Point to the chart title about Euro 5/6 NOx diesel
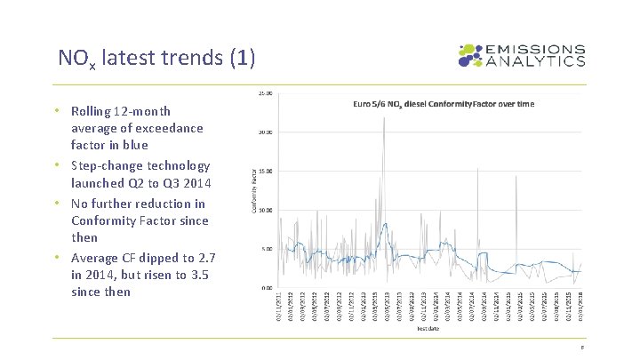click(x=444, y=104)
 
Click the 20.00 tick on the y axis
click(x=266, y=132)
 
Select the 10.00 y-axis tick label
click(x=266, y=211)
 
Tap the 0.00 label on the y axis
click(x=267, y=288)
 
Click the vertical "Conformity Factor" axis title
click(x=253, y=190)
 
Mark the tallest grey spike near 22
click(x=384, y=117)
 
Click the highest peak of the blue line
click(x=384, y=224)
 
